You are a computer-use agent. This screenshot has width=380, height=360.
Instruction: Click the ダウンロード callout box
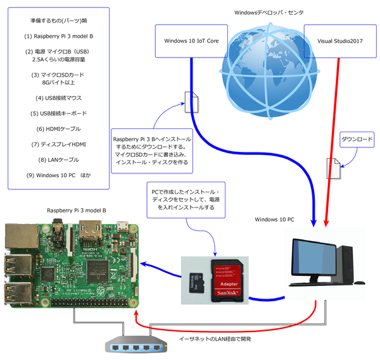pyautogui.click(x=357, y=138)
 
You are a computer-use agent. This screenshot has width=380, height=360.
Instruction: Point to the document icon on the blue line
pyautogui.click(x=191, y=101)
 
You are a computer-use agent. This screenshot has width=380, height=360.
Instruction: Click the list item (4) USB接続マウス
pyautogui.click(x=59, y=98)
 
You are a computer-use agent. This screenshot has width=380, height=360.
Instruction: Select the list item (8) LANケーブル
pyautogui.click(x=59, y=159)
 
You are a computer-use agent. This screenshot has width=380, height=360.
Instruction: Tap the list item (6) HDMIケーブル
pyautogui.click(x=59, y=129)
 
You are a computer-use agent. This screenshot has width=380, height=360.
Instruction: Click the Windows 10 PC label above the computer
pyautogui.click(x=274, y=220)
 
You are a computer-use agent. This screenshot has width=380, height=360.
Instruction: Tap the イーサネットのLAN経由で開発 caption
pyautogui.click(x=215, y=340)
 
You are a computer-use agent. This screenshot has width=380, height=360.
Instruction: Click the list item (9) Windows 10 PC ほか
pyautogui.click(x=59, y=175)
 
